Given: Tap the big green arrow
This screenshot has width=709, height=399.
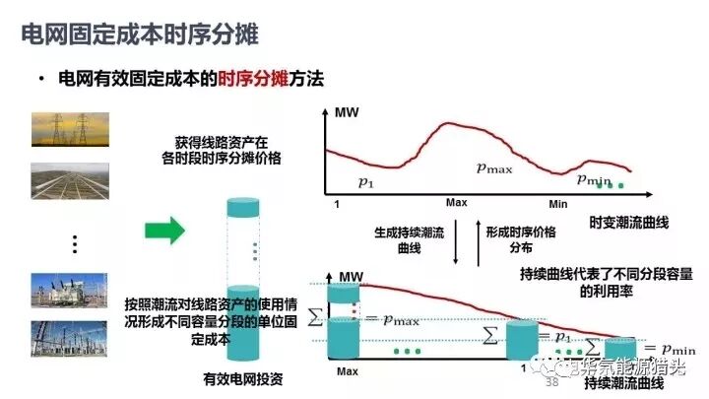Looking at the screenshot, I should tap(164, 233).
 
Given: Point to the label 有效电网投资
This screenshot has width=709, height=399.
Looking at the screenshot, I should tap(241, 378).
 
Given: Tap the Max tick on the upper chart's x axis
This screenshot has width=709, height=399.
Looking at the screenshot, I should tap(455, 202).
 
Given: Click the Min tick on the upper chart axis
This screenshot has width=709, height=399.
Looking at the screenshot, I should tap(559, 202).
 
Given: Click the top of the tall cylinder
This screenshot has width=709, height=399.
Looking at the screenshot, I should tap(240, 210).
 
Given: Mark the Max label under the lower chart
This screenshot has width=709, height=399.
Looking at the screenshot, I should tap(347, 372).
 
